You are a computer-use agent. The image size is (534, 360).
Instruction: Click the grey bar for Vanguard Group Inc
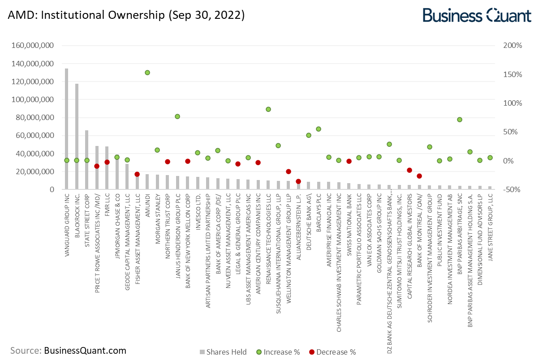pyautogui.click(x=67, y=130)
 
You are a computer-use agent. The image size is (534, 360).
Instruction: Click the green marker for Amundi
pyautogui.click(x=147, y=73)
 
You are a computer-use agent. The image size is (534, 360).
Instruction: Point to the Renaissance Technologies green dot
pyautogui.click(x=268, y=109)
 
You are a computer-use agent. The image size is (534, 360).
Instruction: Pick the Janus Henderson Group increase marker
pyautogui.click(x=177, y=116)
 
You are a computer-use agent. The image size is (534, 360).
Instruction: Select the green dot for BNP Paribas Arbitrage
pyautogui.click(x=460, y=120)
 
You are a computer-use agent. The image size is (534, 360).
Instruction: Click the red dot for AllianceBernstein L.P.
pyautogui.click(x=298, y=181)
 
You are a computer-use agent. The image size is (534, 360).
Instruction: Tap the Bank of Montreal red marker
pyautogui.click(x=419, y=176)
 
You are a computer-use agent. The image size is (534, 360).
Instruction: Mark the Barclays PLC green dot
pyautogui.click(x=319, y=129)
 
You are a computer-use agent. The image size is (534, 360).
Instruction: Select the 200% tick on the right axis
pyautogui.click(x=513, y=46)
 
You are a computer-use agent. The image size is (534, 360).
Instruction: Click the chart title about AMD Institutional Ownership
pyautogui.click(x=126, y=15)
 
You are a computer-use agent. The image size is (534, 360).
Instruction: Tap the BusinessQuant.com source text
pyautogui.click(x=85, y=351)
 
